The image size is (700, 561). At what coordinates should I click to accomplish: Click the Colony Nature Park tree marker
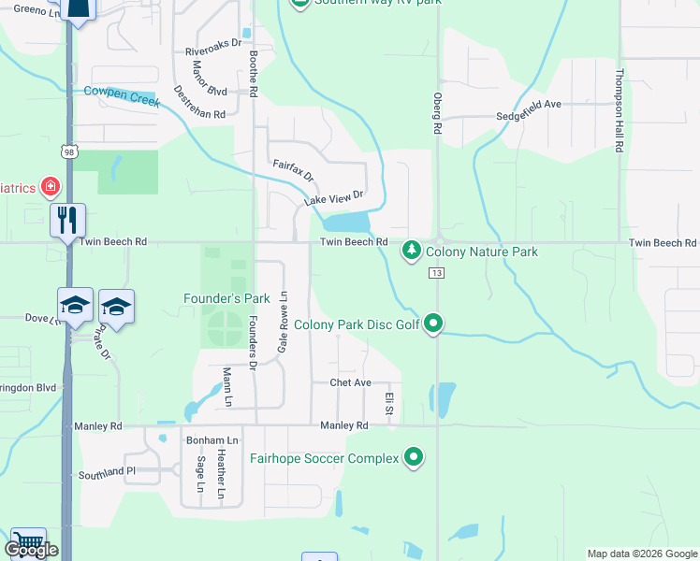point(411,251)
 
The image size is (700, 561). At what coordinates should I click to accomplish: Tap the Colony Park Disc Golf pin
point(433,324)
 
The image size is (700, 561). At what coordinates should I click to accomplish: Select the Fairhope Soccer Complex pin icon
point(413,458)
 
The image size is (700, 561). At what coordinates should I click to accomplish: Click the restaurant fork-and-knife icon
point(67,221)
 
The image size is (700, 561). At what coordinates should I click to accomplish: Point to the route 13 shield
point(437,272)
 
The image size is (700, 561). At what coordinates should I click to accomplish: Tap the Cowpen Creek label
point(122,94)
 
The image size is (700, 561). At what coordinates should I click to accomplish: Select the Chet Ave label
point(351,383)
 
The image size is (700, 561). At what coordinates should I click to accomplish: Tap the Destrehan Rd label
point(199,101)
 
